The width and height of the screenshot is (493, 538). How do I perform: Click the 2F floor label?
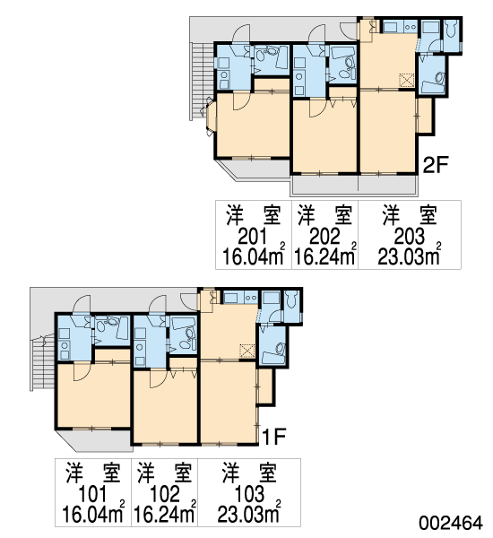pyautogui.click(x=436, y=165)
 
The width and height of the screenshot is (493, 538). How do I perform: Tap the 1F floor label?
pyautogui.click(x=274, y=436)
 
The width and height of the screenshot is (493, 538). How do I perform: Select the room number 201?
pyautogui.click(x=253, y=237)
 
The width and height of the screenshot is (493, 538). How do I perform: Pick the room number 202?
pyautogui.click(x=324, y=237)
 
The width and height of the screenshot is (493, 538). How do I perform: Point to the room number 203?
pyautogui.click(x=410, y=237)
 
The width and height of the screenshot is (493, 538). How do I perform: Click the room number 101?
pyautogui.click(x=92, y=494)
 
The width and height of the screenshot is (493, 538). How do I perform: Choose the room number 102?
pyautogui.click(x=165, y=494)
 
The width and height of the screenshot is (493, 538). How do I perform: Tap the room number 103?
pyautogui.click(x=249, y=494)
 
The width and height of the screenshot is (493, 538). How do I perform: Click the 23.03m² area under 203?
pyautogui.click(x=410, y=256)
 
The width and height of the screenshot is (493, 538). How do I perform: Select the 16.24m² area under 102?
pyautogui.click(x=165, y=513)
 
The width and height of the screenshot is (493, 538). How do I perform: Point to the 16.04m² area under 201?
pyautogui.click(x=254, y=256)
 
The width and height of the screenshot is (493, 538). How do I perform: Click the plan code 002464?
pyautogui.click(x=451, y=523)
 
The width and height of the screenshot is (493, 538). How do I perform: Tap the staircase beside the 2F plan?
pyautogui.click(x=198, y=81)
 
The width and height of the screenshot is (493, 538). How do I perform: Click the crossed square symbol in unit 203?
pyautogui.click(x=407, y=81)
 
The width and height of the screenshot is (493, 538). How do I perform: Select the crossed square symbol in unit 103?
pyautogui.click(x=247, y=351)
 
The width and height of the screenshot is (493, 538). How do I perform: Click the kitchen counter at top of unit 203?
pyautogui.click(x=400, y=26)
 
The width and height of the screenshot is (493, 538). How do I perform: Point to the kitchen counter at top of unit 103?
pyautogui.click(x=240, y=298)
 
